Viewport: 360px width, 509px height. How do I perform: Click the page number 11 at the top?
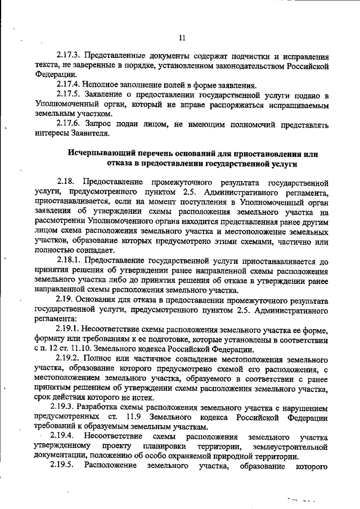point(181,38)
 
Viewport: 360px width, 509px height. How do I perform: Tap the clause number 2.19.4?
point(59,436)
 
